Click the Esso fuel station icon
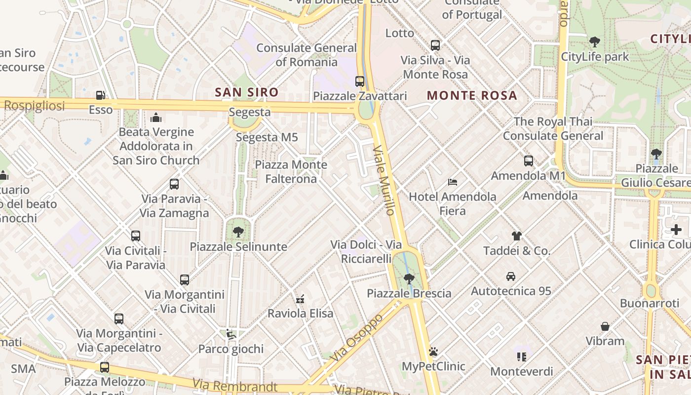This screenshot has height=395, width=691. (100, 95)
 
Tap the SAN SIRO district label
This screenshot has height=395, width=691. (247, 92)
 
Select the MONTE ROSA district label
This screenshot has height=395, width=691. (472, 95)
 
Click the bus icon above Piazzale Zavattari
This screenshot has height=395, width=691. (360, 81)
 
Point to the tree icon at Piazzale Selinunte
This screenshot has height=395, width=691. (238, 232)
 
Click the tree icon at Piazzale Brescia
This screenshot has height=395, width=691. (409, 279)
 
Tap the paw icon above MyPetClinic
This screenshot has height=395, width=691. (433, 352)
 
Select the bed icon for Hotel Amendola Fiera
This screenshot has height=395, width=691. (453, 182)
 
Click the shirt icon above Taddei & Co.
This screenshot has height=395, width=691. (516, 236)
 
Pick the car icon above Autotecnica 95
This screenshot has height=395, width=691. (511, 276)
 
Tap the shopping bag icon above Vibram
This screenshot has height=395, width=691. (605, 326)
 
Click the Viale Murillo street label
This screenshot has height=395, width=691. (384, 180)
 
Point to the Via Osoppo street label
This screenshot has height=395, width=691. (356, 337)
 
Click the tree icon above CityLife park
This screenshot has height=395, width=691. (595, 42)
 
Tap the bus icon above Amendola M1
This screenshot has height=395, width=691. (528, 161)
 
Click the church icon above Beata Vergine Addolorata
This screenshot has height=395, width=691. (156, 118)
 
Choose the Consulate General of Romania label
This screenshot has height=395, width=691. (307, 55)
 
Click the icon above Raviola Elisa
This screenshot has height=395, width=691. (300, 299)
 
